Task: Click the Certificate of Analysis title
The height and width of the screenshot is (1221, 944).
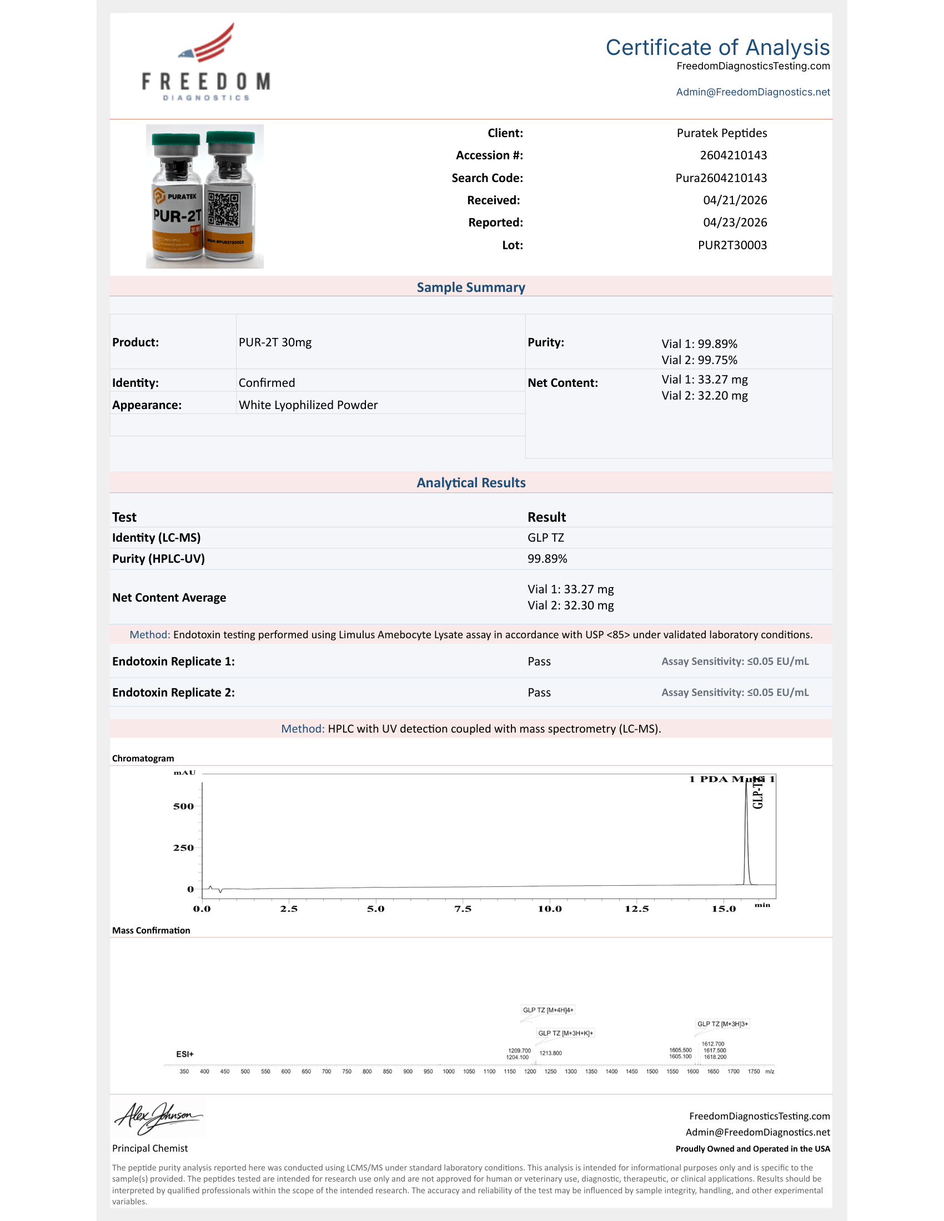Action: point(717,48)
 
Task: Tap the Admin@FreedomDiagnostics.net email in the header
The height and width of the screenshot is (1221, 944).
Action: point(752,92)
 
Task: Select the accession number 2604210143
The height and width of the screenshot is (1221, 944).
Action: point(732,155)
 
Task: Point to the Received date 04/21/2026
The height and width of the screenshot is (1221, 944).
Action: point(734,200)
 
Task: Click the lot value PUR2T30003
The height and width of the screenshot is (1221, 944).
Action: point(731,245)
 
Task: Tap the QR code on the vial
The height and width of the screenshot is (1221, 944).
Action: point(223,209)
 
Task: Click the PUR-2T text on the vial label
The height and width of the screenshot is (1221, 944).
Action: point(177,216)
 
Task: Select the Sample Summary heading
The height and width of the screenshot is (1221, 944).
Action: point(471,287)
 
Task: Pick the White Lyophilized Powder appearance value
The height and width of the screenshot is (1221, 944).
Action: point(308,405)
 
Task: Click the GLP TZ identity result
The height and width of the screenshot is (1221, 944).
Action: point(545,538)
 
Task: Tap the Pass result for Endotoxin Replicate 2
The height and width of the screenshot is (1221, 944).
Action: point(539,693)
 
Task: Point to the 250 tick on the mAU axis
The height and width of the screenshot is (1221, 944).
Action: point(183,848)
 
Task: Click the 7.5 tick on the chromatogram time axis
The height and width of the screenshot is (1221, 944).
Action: point(463,909)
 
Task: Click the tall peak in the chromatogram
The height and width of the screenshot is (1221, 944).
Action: point(746,828)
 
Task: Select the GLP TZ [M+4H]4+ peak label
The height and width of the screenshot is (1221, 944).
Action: point(548,1010)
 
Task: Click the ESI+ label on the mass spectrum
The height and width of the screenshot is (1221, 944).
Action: point(184,1054)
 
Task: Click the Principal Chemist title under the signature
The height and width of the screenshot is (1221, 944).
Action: point(150,1148)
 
